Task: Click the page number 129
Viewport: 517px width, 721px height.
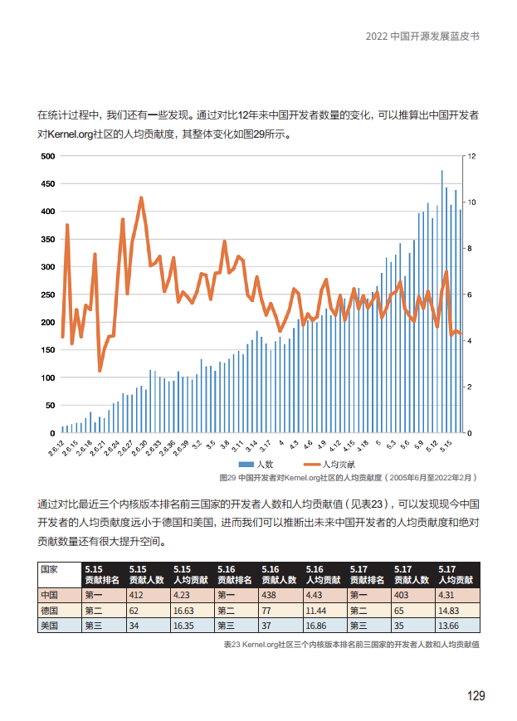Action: [475, 695]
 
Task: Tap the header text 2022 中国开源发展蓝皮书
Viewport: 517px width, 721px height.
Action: [422, 37]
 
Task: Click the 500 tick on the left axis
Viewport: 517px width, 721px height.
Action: [46, 156]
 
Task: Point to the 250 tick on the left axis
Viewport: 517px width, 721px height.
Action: [46, 295]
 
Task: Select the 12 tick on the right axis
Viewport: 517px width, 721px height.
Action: [471, 156]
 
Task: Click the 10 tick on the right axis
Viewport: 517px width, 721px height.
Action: [471, 202]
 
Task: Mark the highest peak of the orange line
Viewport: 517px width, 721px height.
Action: [141, 198]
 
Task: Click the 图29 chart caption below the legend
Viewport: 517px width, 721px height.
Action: [348, 478]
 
